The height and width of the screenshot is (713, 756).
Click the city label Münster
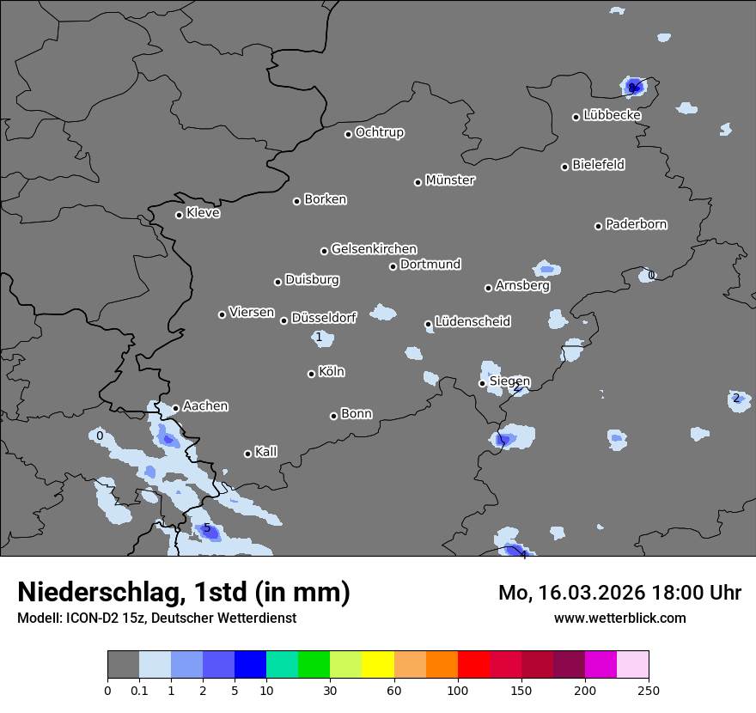click(450, 180)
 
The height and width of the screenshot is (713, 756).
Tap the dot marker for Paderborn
click(599, 226)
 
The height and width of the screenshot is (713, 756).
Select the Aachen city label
click(205, 406)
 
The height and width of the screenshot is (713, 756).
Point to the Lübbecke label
click(612, 115)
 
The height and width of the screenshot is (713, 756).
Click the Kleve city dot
click(180, 215)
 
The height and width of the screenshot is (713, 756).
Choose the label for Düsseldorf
click(324, 318)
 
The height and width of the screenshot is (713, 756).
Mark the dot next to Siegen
click(483, 383)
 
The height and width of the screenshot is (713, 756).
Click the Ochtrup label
click(380, 132)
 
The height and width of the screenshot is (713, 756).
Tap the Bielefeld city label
click(598, 165)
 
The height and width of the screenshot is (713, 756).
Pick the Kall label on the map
click(265, 452)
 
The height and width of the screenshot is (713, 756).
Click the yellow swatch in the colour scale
click(378, 665)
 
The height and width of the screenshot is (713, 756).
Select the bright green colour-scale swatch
click(314, 665)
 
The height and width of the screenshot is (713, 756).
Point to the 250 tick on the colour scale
click(649, 689)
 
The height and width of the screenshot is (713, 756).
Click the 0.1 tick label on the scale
click(139, 689)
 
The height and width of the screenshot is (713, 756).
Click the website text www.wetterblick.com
click(619, 618)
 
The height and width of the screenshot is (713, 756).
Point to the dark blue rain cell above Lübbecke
click(635, 86)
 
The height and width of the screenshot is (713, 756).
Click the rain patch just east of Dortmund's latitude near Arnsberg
click(546, 269)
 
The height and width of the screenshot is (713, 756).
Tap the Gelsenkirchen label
click(374, 249)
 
